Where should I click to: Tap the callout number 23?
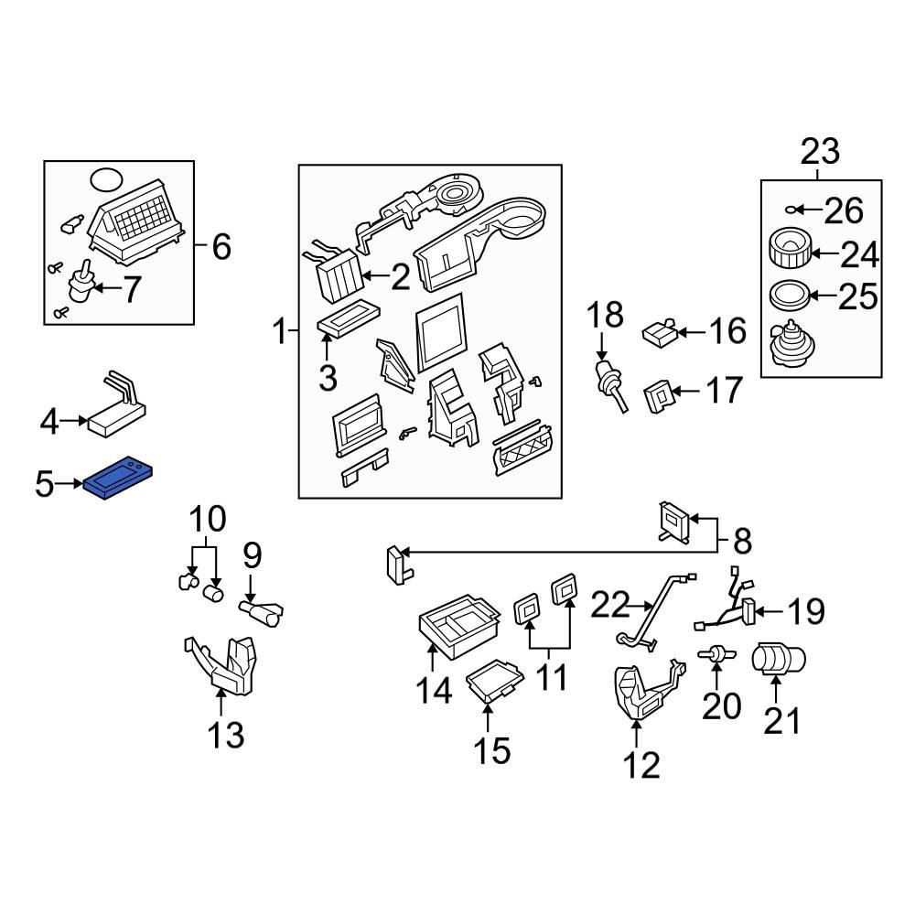tap(820, 150)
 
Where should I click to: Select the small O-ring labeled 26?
tap(795, 210)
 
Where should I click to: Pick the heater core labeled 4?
tap(116, 413)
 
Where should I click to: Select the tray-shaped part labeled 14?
tap(458, 628)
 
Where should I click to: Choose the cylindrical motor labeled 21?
tap(777, 660)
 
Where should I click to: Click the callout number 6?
tap(221, 246)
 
